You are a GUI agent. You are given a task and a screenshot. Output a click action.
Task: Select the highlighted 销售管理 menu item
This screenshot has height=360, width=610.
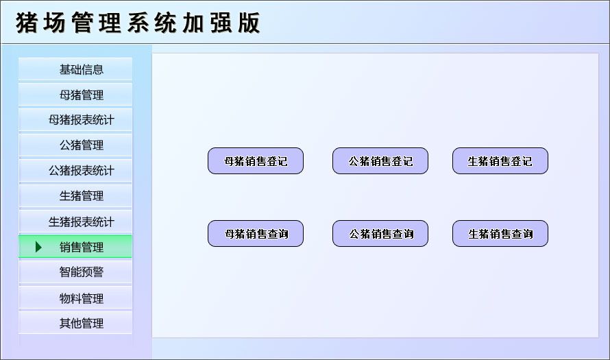81,247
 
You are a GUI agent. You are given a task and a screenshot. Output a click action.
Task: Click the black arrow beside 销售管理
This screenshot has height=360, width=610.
38,247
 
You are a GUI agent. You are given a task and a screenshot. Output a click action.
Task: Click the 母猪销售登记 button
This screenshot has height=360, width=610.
256,161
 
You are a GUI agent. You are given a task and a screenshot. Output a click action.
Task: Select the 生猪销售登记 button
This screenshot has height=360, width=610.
500,161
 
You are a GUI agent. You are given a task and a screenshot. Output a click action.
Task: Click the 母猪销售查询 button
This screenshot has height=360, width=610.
256,234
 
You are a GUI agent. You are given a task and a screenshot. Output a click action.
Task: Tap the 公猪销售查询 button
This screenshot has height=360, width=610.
380,234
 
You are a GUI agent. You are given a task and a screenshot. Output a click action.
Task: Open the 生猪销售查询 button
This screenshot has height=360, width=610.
500,234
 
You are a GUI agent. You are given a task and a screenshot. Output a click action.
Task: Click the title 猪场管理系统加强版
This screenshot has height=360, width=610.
138,23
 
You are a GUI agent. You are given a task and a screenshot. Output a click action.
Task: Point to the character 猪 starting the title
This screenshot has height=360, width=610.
27,23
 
